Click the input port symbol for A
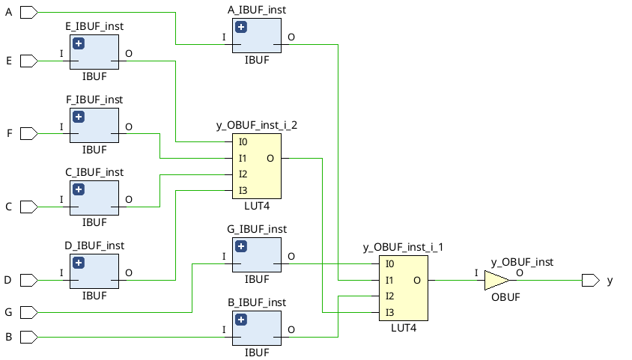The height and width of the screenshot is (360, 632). click(x=28, y=13)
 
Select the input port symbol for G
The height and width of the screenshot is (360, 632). click(x=28, y=311)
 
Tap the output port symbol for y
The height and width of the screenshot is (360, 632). click(x=590, y=281)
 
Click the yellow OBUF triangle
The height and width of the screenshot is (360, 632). click(x=496, y=281)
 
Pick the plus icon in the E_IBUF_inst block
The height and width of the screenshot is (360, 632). click(x=79, y=44)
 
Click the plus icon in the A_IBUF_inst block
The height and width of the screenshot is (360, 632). click(x=241, y=28)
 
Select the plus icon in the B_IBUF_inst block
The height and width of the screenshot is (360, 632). click(x=241, y=320)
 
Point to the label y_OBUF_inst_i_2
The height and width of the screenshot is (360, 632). click(x=256, y=125)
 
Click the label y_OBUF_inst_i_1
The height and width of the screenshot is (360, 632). click(x=403, y=247)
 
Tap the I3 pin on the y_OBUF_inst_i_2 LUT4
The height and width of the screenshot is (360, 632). click(x=243, y=191)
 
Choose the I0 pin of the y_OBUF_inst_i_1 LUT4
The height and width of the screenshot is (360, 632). click(x=389, y=264)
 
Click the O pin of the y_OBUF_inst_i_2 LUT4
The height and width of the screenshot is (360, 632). click(x=270, y=158)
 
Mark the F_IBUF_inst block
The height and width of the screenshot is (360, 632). click(x=94, y=126)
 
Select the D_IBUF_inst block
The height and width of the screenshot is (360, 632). click(x=94, y=272)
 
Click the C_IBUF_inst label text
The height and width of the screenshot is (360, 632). click(x=94, y=172)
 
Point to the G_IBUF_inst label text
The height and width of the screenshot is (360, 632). click(x=256, y=229)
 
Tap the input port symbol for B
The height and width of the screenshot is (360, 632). click(x=28, y=338)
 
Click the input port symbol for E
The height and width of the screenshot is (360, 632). click(x=28, y=61)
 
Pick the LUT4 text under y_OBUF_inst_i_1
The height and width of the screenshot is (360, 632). click(x=403, y=327)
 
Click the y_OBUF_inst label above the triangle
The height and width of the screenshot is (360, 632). click(x=522, y=262)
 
